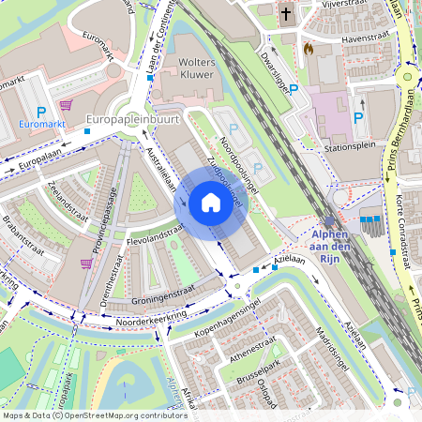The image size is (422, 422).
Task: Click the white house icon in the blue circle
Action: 210,202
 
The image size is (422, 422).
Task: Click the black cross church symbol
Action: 285,15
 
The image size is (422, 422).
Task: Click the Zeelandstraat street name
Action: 73,197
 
